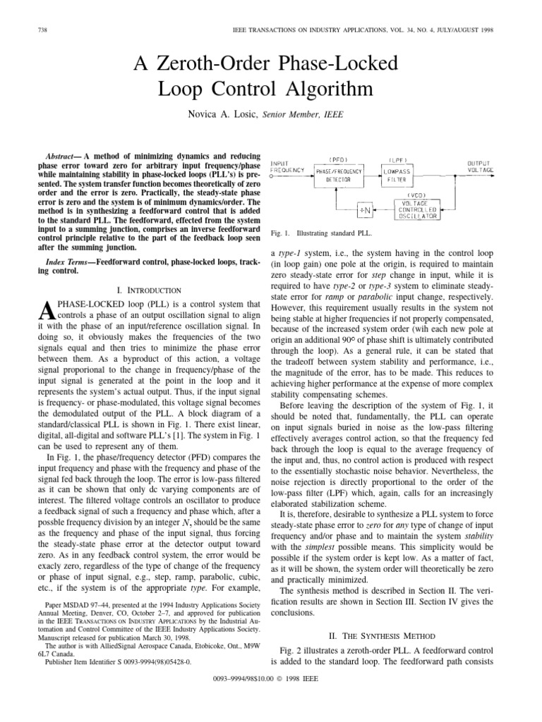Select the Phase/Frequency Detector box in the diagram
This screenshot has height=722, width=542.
[338, 176]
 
